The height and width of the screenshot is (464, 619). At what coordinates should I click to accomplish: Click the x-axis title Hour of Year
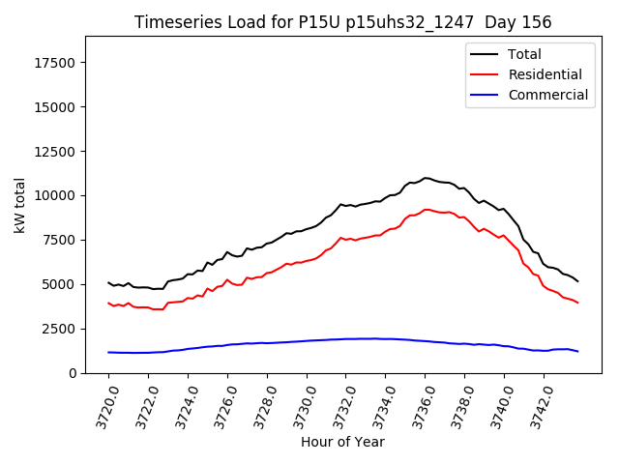342,443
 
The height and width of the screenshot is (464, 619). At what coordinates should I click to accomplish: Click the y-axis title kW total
19,205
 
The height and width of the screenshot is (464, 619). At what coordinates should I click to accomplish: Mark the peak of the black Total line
426,178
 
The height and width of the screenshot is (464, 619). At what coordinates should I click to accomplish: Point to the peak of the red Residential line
427,209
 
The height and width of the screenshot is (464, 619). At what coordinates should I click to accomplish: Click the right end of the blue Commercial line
578,351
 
